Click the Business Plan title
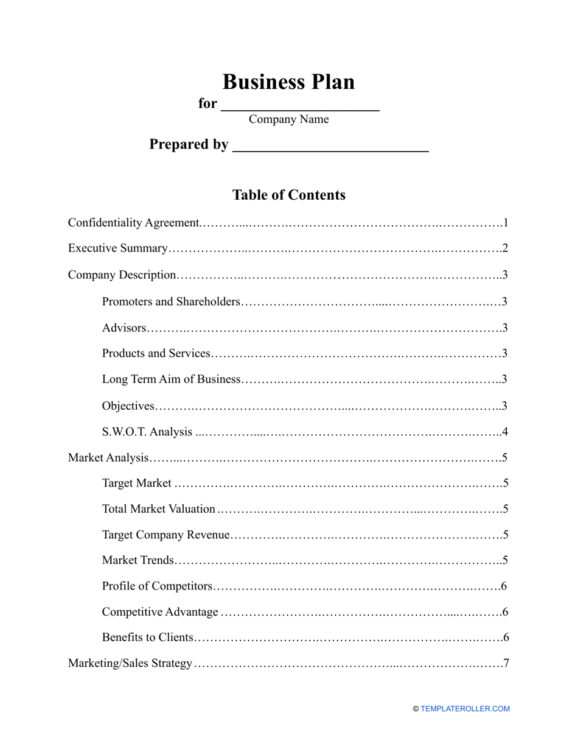point(288,82)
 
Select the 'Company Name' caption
point(288,119)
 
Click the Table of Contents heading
point(288,195)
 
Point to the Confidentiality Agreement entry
point(133,223)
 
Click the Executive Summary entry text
point(117,248)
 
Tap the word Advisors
point(124,328)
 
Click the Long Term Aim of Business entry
point(172,379)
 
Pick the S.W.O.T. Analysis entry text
point(147,432)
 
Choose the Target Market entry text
point(137,484)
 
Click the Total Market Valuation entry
point(158,509)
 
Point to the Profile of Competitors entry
point(158,586)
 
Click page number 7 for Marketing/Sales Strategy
point(505,663)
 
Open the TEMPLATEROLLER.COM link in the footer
point(465,709)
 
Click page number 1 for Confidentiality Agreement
point(505,223)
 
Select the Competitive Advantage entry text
point(160,612)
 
